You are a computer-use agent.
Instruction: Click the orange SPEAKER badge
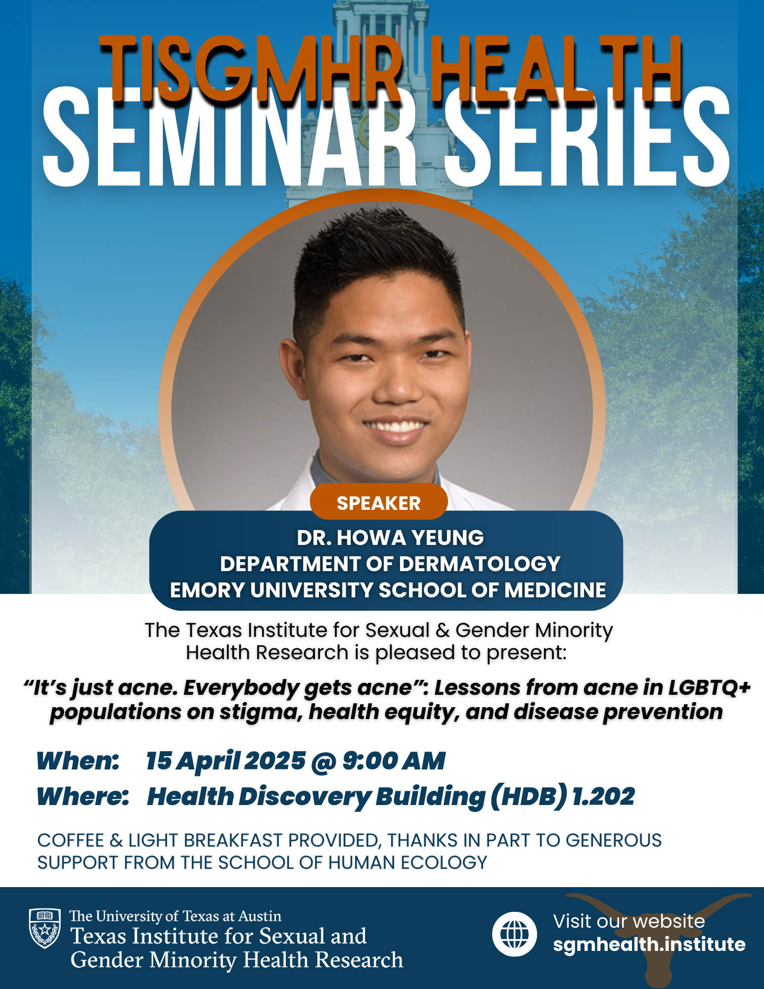[x=379, y=502]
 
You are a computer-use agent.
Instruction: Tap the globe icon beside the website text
[x=514, y=934]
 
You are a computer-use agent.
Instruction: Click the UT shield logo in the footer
[x=45, y=928]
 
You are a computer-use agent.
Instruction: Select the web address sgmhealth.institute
[x=649, y=944]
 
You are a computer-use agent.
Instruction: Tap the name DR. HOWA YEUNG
[x=390, y=538]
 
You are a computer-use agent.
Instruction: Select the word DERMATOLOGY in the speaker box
[x=479, y=564]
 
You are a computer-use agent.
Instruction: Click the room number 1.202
[x=603, y=796]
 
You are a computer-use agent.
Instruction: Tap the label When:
[x=78, y=761]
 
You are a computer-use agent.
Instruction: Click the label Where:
[x=83, y=796]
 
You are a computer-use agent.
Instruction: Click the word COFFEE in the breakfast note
[x=71, y=840]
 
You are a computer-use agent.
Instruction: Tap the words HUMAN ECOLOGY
[x=408, y=862]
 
